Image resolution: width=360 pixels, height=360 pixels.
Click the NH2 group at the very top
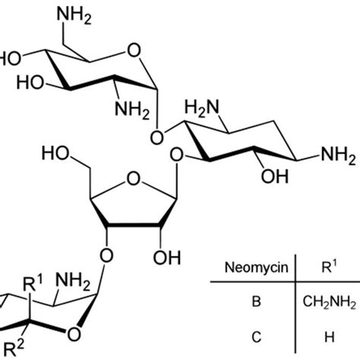coord(74,14)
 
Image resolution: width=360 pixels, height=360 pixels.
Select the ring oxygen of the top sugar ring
coord(134,50)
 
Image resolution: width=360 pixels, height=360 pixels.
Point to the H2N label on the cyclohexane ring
coord(202,108)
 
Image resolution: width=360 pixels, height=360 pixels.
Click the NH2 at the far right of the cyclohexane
coord(339,155)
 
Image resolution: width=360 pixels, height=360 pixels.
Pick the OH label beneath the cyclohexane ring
coord(275,176)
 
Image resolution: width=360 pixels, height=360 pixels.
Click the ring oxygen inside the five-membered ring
coord(133,178)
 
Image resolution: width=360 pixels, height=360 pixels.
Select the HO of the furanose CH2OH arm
coord(55,153)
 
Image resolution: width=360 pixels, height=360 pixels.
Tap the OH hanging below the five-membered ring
coord(167,257)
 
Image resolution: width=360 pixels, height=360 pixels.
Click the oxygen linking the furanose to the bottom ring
coord(106,256)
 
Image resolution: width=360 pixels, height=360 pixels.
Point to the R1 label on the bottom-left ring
coord(33,283)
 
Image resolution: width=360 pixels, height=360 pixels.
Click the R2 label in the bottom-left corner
coord(14,349)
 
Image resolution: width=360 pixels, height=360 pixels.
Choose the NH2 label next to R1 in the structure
coord(73,281)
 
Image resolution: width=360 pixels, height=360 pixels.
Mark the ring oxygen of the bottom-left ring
coord(74,334)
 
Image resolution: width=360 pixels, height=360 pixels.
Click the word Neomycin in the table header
coord(257,268)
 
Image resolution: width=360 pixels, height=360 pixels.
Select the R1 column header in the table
coord(329,267)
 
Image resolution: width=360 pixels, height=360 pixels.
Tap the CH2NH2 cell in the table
coord(330,302)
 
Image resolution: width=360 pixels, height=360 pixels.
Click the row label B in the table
coord(257,302)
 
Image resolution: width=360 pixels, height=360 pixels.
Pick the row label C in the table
coord(257,337)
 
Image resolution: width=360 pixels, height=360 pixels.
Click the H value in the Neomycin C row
coord(330,337)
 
